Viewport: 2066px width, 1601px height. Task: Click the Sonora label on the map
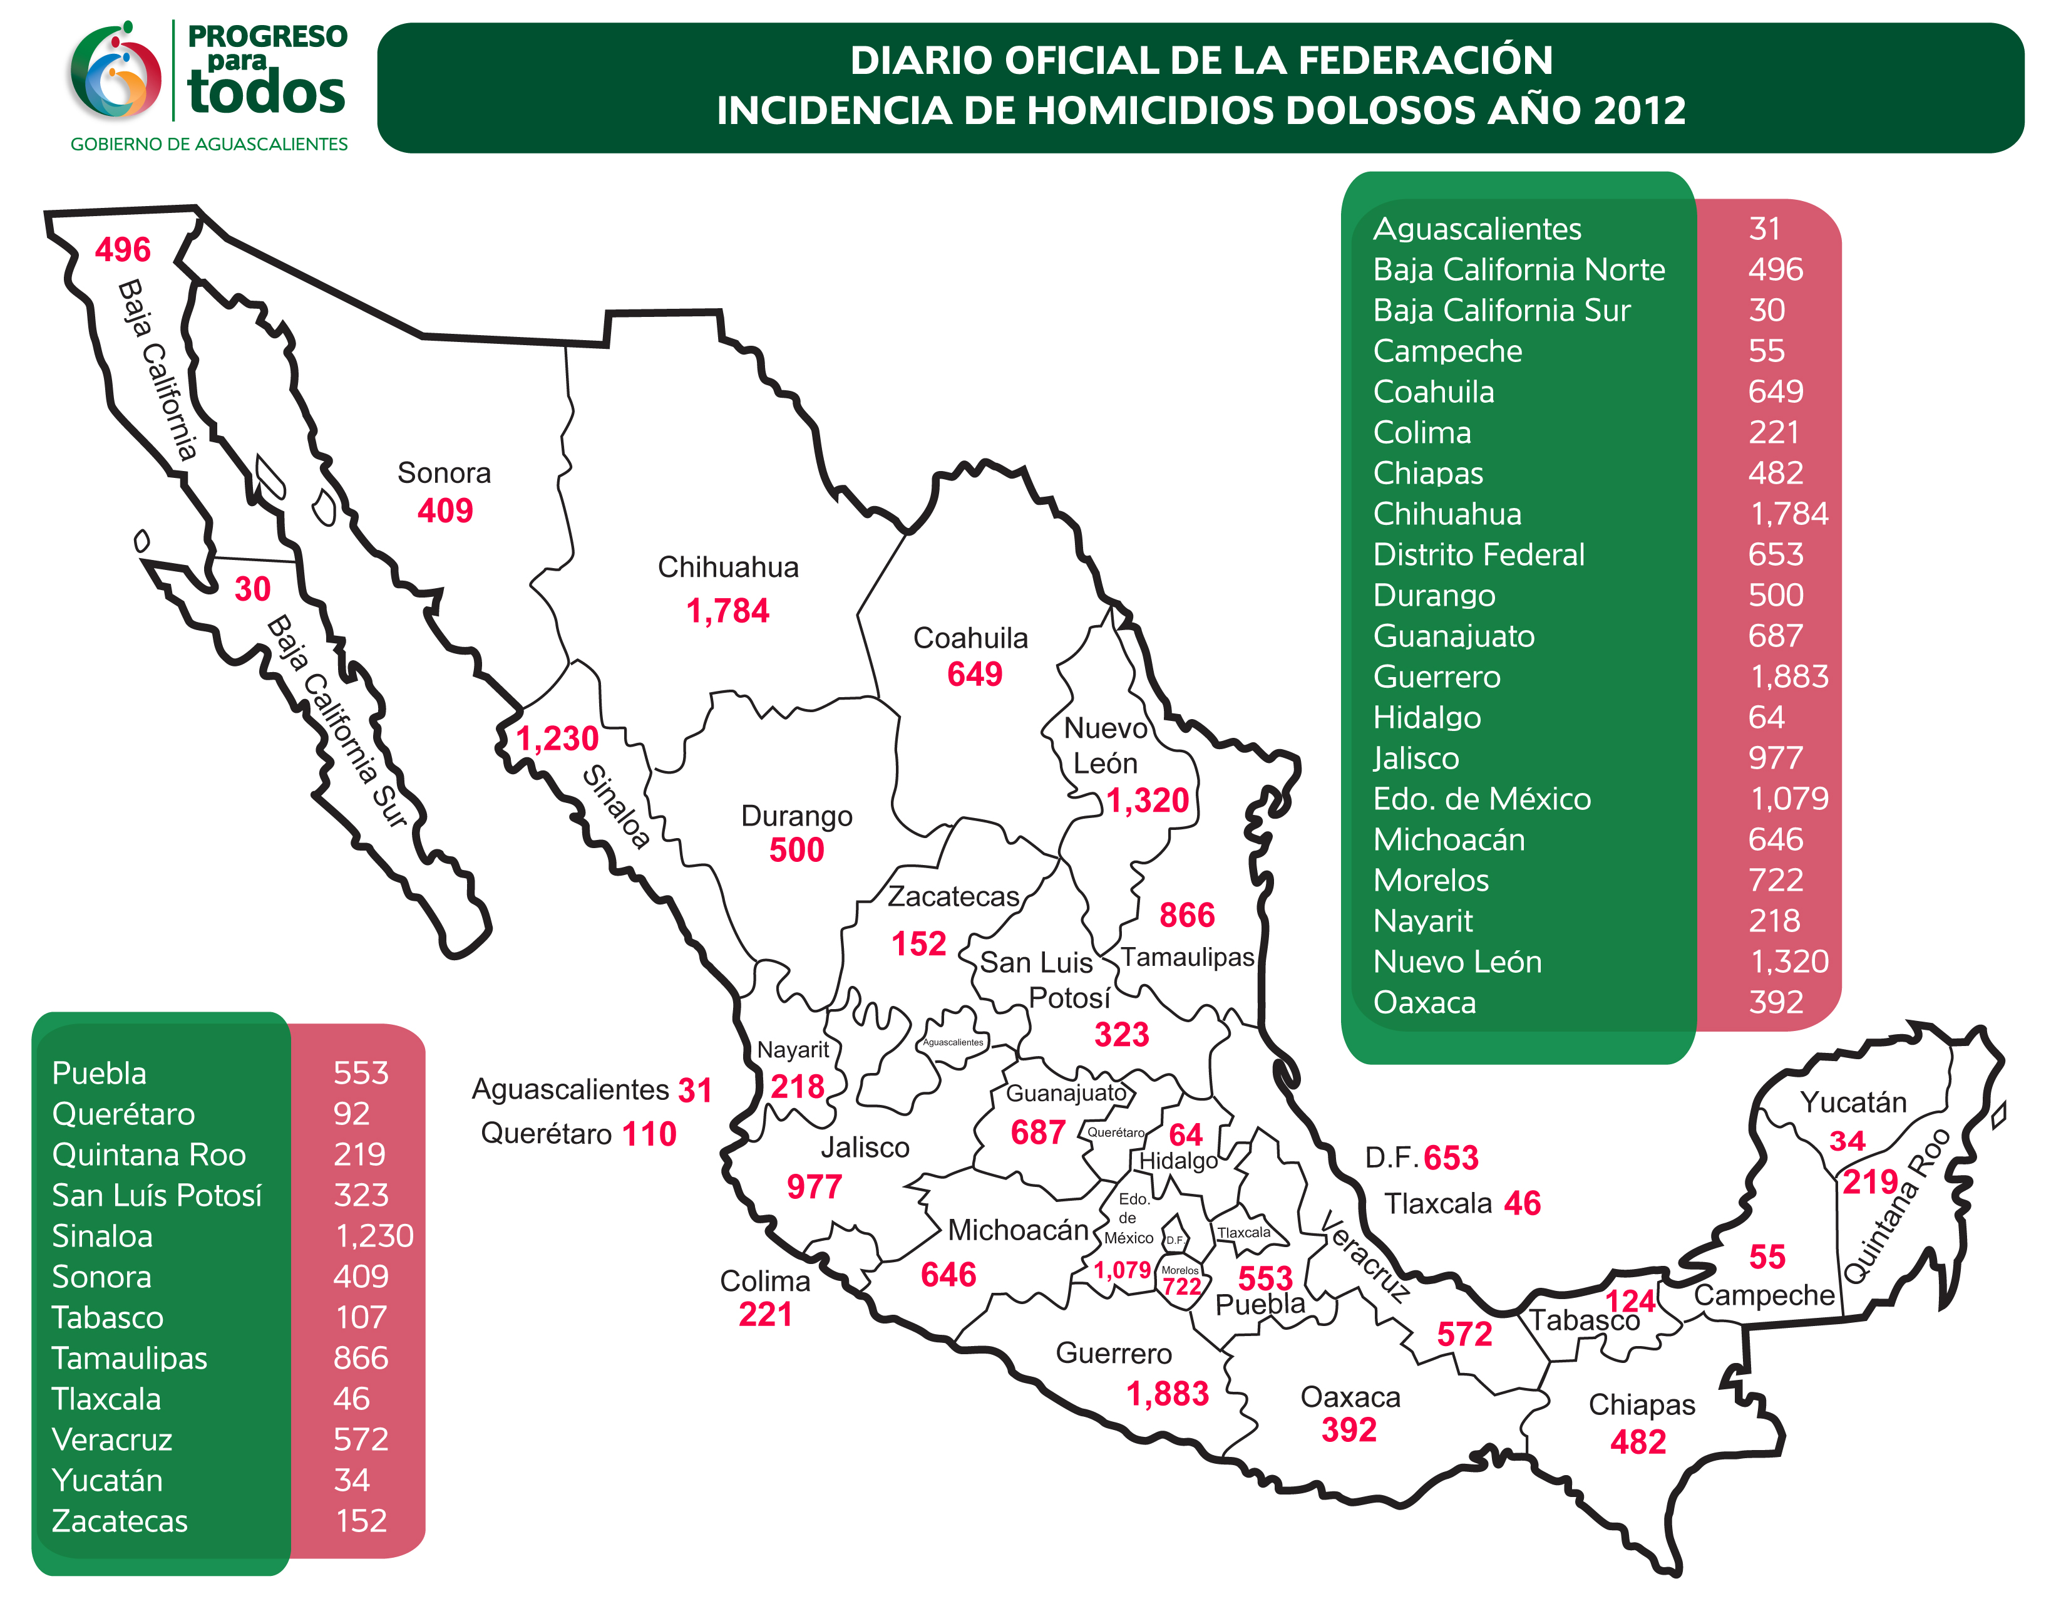pyautogui.click(x=444, y=472)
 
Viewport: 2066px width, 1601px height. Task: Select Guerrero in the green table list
pyautogui.click(x=1436, y=676)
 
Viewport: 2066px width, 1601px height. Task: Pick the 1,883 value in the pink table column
pyautogui.click(x=1789, y=676)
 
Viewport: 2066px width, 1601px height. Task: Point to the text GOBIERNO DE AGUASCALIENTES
pyautogui.click(x=209, y=144)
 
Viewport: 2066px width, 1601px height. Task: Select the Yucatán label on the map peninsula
pyautogui.click(x=1853, y=1102)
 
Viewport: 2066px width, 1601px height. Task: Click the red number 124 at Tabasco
pyautogui.click(x=1630, y=1301)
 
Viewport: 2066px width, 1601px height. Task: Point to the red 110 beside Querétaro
pyautogui.click(x=649, y=1134)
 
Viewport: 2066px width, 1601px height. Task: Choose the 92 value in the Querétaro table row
pyautogui.click(x=351, y=1114)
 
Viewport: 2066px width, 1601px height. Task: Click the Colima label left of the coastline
pyautogui.click(x=764, y=1281)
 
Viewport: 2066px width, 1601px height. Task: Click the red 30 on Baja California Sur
pyautogui.click(x=252, y=589)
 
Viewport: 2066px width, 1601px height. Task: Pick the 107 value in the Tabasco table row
pyautogui.click(x=361, y=1317)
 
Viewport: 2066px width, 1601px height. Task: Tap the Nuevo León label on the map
pyautogui.click(x=1105, y=745)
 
